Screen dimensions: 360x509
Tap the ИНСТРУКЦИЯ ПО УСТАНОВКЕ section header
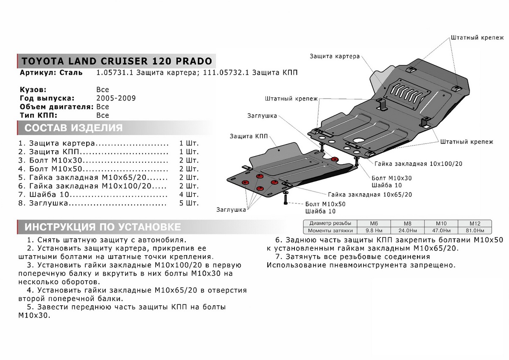coord(103,227)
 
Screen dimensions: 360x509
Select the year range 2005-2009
coord(116,98)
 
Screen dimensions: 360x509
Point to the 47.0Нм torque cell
coord(441,231)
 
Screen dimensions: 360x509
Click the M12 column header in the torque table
coord(474,223)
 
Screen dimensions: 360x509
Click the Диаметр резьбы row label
coord(330,223)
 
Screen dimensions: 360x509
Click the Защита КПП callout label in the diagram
coord(249,136)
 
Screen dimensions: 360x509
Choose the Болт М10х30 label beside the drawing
coord(391,178)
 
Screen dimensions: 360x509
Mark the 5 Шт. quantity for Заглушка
coord(189,203)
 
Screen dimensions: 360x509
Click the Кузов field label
coord(33,90)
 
